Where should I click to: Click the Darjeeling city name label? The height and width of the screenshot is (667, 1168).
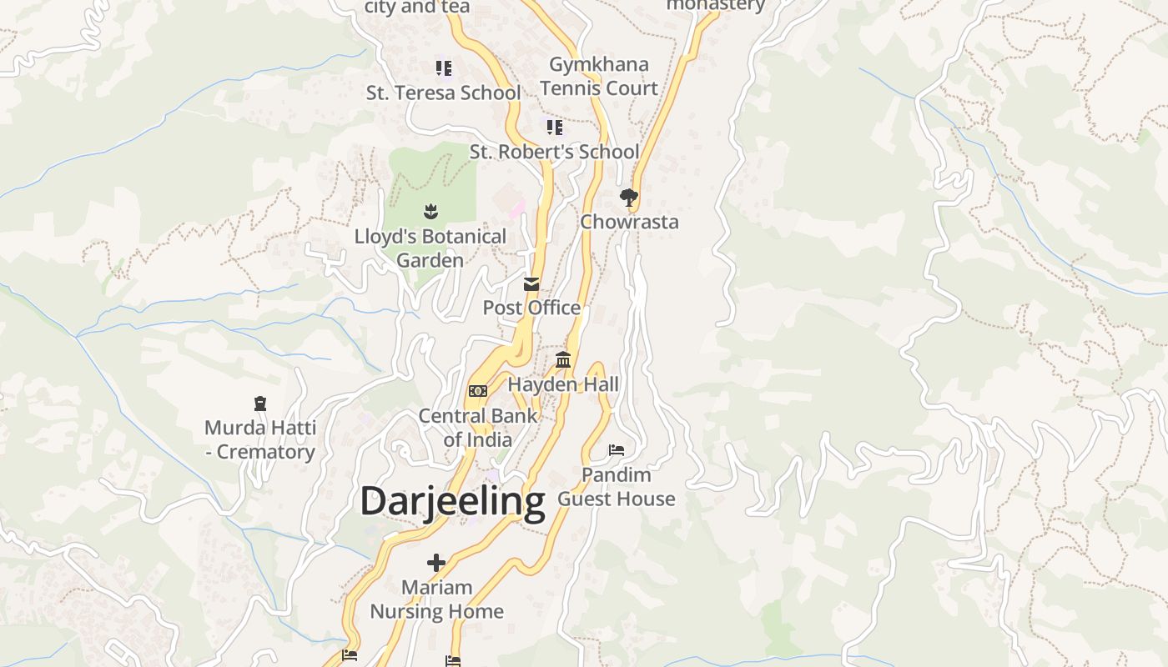tap(452, 501)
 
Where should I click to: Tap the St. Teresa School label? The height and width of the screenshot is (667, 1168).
tap(443, 93)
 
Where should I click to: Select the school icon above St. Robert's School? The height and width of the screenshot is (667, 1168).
tap(554, 128)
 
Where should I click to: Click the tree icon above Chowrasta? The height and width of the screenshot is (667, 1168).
tap(629, 198)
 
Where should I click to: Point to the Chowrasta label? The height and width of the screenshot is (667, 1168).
tap(629, 222)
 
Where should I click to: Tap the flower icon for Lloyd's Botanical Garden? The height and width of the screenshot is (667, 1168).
tap(430, 212)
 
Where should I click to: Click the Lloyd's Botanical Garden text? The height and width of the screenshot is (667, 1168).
tap(430, 248)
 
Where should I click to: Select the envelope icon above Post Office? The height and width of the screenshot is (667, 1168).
tap(531, 284)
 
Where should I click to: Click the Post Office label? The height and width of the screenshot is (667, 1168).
tap(531, 308)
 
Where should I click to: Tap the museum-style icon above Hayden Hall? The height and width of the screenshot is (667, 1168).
tap(563, 360)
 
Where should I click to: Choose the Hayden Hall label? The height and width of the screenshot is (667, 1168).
tap(563, 384)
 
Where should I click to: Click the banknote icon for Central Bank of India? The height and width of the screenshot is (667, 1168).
tap(478, 391)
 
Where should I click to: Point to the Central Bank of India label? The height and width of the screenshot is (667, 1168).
tap(478, 427)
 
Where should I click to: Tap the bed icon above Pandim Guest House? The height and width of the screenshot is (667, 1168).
tap(617, 450)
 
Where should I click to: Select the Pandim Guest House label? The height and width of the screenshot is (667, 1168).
tap(617, 487)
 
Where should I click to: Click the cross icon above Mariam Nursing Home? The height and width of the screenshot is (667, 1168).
tap(436, 563)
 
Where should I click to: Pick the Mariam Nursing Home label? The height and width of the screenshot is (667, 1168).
tap(436, 599)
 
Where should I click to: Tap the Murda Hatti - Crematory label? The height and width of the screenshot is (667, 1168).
tap(260, 440)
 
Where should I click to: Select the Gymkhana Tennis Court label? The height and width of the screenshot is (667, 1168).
tap(598, 76)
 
